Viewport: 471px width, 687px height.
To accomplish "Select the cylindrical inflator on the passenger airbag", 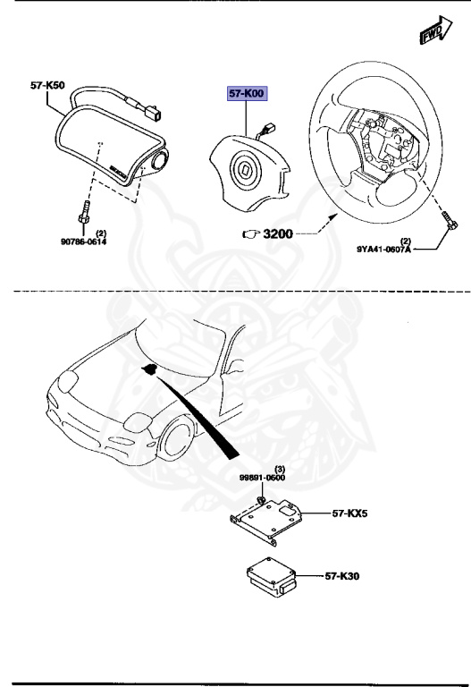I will point(159,163).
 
